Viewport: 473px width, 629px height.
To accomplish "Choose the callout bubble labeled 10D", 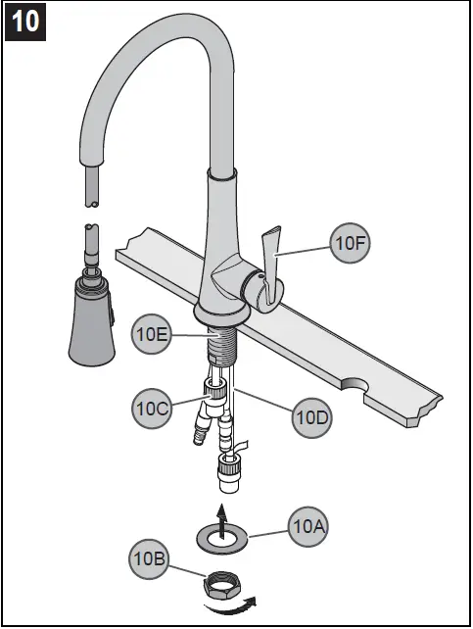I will pyautogui.click(x=312, y=418).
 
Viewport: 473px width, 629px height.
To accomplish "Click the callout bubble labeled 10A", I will pyautogui.click(x=308, y=528).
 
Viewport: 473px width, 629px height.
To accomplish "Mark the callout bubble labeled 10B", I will pyautogui.click(x=148, y=559).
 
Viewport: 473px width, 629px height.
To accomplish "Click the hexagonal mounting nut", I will pyautogui.click(x=222, y=588).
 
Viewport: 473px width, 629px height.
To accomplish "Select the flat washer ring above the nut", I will pyautogui.click(x=224, y=538).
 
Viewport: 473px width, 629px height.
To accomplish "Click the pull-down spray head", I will pyautogui.click(x=89, y=318).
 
